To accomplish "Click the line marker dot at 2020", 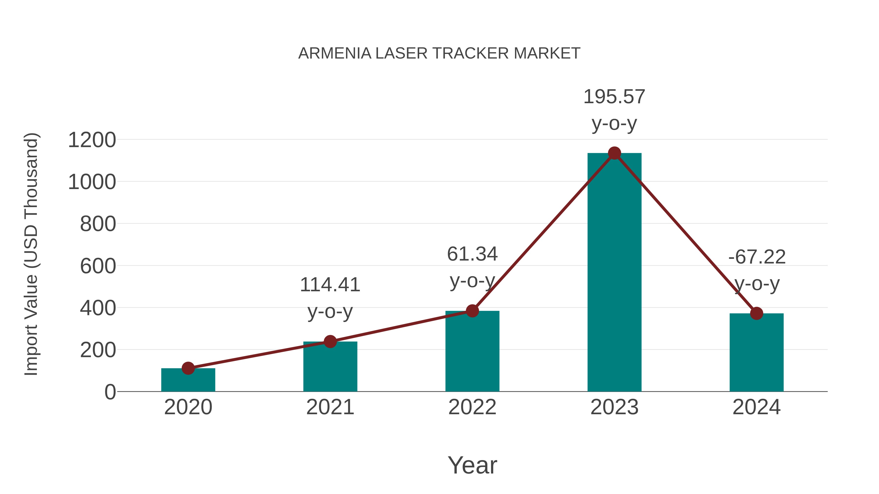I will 188,368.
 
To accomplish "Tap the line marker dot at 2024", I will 756,313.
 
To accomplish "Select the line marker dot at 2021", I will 330,341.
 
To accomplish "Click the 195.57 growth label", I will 614,97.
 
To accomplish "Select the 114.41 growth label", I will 330,285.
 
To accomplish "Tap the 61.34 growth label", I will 472,254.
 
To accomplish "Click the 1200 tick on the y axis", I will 92,140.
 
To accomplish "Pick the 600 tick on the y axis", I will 98,266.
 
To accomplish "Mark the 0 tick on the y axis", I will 110,392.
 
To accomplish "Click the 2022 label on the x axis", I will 472,407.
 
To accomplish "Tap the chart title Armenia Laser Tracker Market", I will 439,53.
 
